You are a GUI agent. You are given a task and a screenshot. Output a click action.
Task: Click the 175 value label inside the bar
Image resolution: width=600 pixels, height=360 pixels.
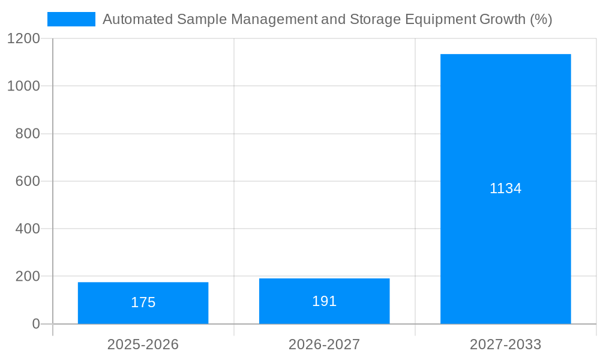tap(143, 302)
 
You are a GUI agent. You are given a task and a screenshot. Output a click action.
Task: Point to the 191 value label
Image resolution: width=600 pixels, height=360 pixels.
tap(324, 301)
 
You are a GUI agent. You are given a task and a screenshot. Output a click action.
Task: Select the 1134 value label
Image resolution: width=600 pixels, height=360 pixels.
tap(505, 188)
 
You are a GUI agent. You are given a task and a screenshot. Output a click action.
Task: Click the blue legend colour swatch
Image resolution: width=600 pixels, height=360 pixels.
tap(71, 19)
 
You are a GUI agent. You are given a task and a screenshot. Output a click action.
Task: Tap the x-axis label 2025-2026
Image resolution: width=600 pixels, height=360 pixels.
tap(143, 344)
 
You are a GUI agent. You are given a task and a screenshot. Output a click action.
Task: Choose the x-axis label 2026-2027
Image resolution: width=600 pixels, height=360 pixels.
tap(324, 344)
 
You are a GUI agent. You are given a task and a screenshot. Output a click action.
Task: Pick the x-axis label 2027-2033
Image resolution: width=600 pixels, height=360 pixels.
tap(505, 344)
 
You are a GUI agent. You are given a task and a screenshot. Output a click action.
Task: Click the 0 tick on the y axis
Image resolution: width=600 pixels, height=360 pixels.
tap(36, 324)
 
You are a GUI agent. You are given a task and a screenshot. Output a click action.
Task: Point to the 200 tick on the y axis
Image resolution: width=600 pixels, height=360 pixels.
tap(28, 277)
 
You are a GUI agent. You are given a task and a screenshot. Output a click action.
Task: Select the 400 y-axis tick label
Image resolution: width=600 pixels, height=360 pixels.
tap(28, 229)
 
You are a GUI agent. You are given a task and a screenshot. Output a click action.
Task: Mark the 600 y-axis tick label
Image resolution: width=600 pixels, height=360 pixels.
tap(28, 181)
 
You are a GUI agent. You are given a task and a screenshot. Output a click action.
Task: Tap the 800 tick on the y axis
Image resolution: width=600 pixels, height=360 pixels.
tap(28, 134)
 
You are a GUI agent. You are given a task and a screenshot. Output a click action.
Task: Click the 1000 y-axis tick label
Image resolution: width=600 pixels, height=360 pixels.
tap(23, 86)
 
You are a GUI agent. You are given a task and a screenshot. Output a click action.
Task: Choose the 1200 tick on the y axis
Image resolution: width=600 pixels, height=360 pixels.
tap(23, 38)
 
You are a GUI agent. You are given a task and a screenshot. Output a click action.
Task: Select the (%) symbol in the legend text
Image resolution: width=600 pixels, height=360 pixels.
tap(541, 19)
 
